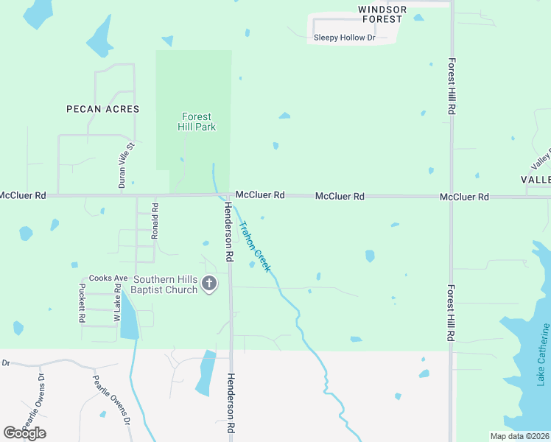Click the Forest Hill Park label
click(x=196, y=122)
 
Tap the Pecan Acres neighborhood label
click(x=102, y=109)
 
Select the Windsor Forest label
click(x=382, y=14)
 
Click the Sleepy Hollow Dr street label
click(x=344, y=38)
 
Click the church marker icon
click(x=210, y=284)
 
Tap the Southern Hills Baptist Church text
click(x=165, y=284)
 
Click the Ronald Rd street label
click(x=155, y=221)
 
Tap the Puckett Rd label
click(x=82, y=304)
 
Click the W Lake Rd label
click(x=116, y=304)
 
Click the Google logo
click(x=24, y=432)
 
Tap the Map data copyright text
click(x=519, y=436)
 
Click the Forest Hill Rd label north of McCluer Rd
click(x=450, y=86)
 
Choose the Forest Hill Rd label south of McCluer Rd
click(x=450, y=312)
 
